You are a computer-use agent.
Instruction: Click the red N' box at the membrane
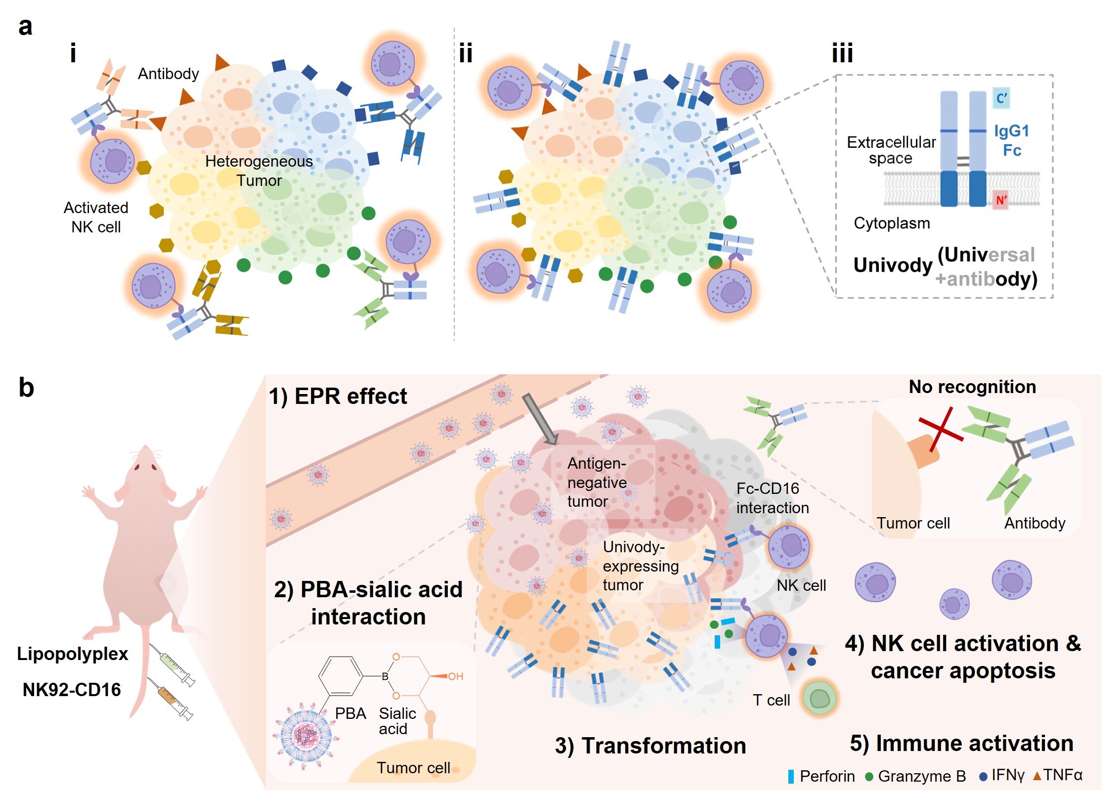1000,200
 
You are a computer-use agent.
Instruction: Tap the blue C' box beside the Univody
1001,98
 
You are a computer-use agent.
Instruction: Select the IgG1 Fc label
1011,140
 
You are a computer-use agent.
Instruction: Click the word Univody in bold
892,265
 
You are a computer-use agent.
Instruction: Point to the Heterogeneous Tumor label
259,171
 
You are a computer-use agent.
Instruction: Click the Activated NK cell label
96,217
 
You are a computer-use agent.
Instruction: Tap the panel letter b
26,388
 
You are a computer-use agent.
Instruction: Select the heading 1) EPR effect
338,396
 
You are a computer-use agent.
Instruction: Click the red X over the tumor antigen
940,429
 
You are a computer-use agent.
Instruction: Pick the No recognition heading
972,387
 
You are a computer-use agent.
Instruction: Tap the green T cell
819,698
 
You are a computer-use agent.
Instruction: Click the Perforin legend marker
791,776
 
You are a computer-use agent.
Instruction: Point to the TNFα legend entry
1058,775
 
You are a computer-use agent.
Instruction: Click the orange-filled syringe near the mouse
171,699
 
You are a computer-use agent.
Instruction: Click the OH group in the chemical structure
455,676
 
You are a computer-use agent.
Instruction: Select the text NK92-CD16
72,689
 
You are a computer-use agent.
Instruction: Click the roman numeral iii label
842,53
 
